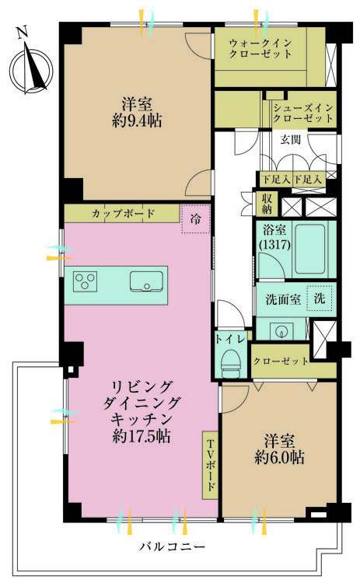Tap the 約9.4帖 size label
pos(137,120)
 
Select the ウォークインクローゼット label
pos(260,48)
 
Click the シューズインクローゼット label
pos(303,113)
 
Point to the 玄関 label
pos(291,139)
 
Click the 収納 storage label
pos(267,204)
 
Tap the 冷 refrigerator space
pos(196,219)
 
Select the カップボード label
pos(123,214)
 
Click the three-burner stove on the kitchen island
pos(86,281)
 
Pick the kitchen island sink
pos(146,281)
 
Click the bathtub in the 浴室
pos(309,249)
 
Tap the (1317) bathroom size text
pos(274,244)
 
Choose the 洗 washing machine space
pos(320,298)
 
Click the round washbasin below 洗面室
pos(281,330)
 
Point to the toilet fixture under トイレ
pos(231,362)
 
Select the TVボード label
pos(210,465)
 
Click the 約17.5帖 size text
pos(142,436)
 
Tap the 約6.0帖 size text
pos(280,457)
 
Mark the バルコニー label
pos(172,546)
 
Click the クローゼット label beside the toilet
pos(281,361)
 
